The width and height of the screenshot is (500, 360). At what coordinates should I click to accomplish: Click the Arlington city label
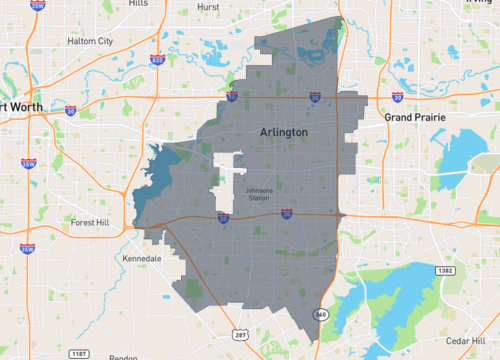(284, 132)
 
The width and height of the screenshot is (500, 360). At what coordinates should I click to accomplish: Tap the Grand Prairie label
(414, 117)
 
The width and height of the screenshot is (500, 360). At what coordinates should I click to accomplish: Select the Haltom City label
(90, 41)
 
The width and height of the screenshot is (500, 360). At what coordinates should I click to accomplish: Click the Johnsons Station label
(258, 193)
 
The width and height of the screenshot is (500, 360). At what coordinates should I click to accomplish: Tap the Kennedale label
(141, 258)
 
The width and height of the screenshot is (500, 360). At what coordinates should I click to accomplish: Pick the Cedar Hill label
(467, 340)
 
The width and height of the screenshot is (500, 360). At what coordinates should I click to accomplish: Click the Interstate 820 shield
(158, 59)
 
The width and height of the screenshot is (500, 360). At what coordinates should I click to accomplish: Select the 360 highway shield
(320, 315)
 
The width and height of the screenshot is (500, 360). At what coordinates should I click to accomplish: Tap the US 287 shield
(241, 336)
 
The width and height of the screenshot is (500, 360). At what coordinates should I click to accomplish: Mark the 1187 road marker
(78, 353)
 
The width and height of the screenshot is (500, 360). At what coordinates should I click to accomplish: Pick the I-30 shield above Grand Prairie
(397, 98)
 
